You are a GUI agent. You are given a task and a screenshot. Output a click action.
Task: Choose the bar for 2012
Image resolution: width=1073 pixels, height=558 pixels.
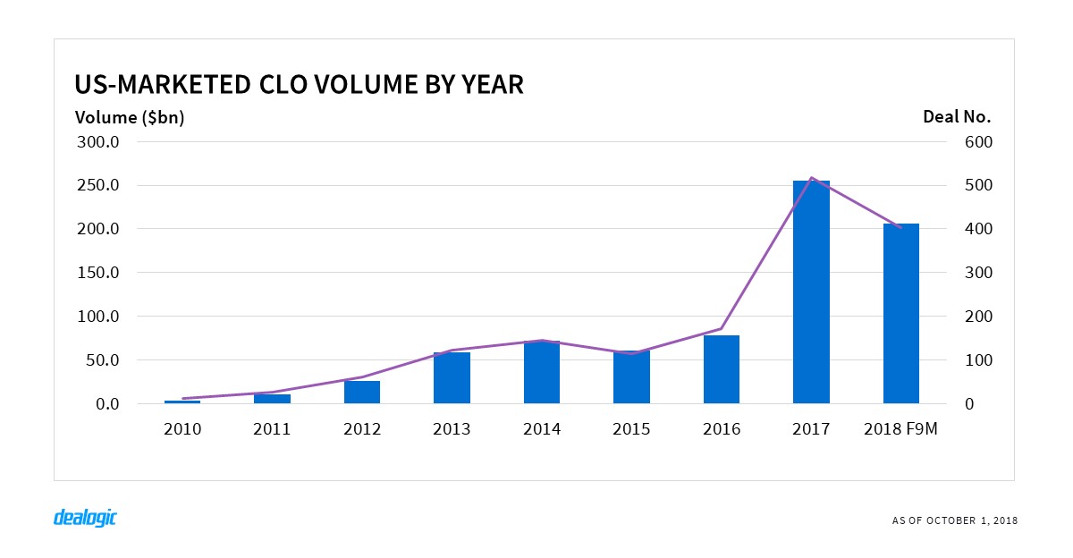pos(362,393)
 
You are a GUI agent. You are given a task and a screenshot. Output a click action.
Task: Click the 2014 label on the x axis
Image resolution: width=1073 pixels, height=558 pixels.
pos(542,429)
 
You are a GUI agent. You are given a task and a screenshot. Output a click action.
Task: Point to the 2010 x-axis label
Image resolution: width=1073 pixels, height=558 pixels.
pos(182,429)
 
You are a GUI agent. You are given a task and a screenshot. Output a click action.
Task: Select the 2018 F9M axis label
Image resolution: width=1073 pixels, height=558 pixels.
pos(901,429)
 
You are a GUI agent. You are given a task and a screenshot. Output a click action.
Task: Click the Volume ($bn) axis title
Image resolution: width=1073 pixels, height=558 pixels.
pos(130,117)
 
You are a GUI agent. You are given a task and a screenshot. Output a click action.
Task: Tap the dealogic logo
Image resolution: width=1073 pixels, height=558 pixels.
pos(86,518)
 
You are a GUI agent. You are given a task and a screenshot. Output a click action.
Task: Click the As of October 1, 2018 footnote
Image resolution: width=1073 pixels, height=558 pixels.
pos(954,520)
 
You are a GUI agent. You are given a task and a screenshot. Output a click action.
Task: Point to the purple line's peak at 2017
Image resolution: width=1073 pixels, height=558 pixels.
pos(811,177)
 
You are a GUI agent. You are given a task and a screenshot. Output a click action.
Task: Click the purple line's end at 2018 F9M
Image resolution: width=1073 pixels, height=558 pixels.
pos(900,228)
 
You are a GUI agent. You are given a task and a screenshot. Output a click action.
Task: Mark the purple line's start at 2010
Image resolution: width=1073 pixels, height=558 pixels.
pos(182,399)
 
